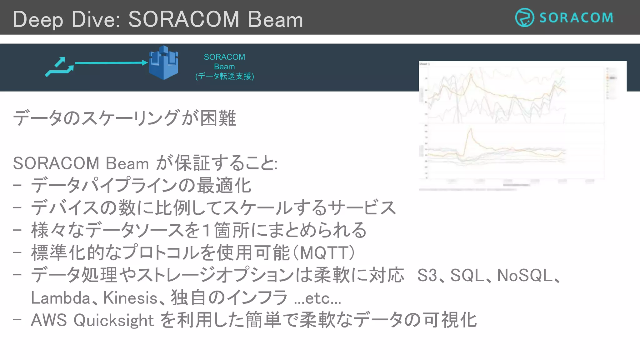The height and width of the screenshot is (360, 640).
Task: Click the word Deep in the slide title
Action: coord(38,20)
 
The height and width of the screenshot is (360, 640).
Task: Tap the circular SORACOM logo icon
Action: coord(524,17)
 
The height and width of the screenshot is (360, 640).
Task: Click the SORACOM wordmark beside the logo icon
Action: coord(576,18)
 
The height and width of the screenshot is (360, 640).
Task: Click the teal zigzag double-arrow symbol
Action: coord(60,67)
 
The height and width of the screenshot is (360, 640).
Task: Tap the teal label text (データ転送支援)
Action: coord(224,76)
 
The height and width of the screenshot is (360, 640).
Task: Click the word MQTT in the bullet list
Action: coord(327,253)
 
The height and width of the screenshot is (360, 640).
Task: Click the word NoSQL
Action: coord(525,275)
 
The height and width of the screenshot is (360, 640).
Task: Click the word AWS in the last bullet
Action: coord(49,320)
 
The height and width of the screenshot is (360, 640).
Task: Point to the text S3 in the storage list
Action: coord(427,275)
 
